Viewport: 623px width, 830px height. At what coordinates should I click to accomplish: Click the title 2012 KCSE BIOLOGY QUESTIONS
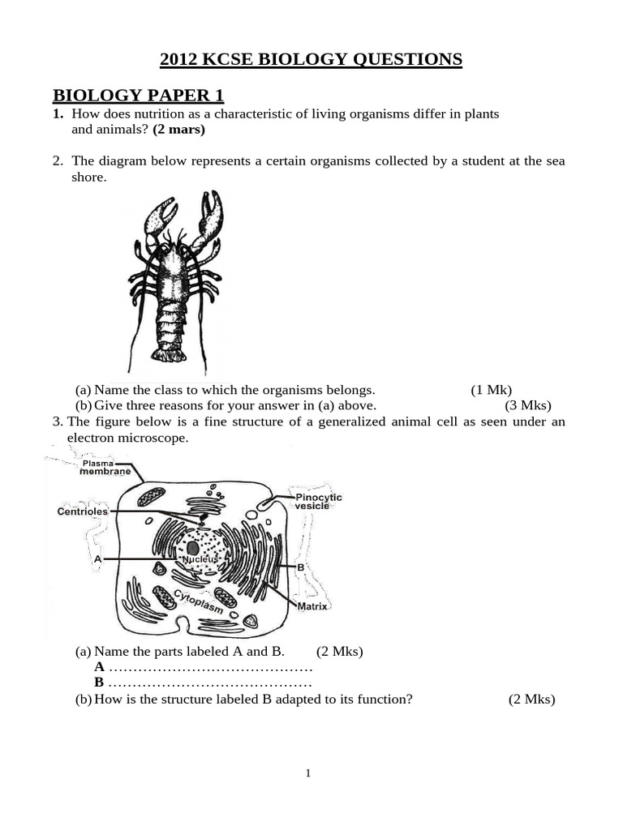311,59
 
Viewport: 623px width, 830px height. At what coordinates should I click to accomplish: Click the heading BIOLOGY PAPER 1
138,95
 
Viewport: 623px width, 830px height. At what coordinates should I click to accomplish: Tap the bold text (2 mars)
178,129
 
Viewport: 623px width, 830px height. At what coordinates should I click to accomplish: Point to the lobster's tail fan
171,353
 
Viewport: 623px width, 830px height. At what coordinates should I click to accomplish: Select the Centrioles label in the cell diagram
82,511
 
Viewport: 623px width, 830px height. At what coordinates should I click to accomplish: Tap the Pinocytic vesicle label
318,501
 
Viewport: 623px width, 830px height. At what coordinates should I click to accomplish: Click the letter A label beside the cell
98,559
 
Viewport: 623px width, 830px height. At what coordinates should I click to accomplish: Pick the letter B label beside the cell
300,567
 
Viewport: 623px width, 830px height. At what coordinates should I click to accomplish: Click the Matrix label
311,606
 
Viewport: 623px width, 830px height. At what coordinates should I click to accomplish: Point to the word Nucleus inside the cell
199,560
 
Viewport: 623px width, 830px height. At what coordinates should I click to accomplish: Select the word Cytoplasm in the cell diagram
199,602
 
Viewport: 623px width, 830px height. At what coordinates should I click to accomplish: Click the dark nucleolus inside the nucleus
193,548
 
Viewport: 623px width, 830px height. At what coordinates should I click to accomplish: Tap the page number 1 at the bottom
308,773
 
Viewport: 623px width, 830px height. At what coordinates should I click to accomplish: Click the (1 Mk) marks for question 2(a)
491,389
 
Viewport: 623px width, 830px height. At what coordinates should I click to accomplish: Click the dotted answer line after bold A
210,666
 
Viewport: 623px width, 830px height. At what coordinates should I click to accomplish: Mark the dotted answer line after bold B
210,682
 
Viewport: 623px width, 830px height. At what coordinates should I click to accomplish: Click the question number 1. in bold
58,113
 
